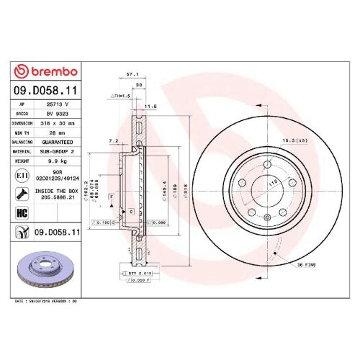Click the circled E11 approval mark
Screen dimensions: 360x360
tap(22, 175)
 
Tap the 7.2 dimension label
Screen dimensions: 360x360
tap(112, 140)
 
